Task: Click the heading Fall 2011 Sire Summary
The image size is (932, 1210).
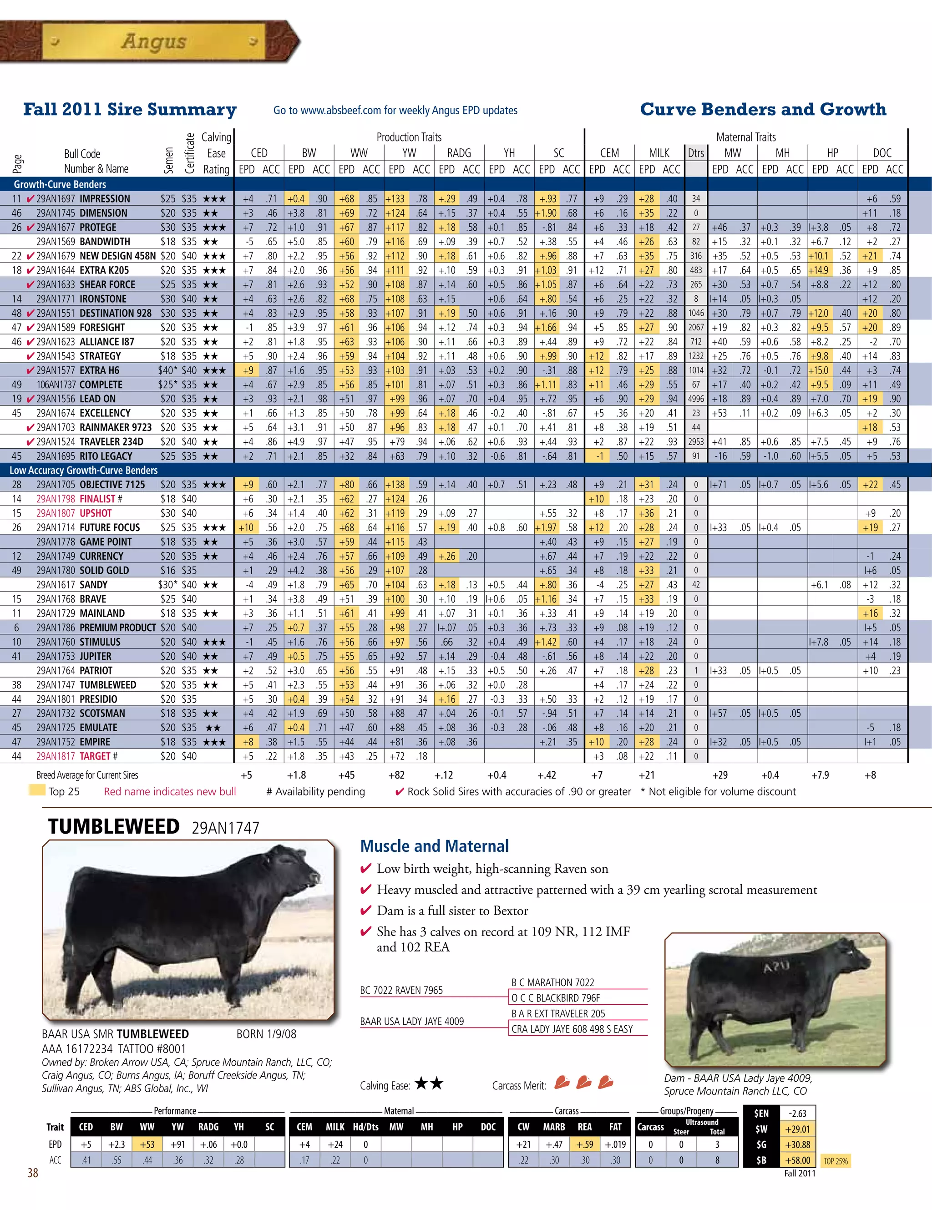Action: tap(130, 109)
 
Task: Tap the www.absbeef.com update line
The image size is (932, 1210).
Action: tap(395, 110)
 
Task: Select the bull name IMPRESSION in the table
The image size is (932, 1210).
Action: tap(105, 199)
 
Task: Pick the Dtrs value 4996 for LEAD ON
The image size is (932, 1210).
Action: tap(696, 399)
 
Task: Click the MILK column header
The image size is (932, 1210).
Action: tap(659, 153)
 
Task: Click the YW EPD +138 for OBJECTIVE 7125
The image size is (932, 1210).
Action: tap(395, 485)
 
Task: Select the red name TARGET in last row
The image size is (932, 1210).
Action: tap(95, 756)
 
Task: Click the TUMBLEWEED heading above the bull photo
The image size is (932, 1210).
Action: tap(114, 826)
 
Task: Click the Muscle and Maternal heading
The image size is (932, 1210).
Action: tap(435, 846)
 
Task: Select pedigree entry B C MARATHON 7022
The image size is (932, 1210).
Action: tap(552, 982)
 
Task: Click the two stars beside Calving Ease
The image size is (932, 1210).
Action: tap(429, 1083)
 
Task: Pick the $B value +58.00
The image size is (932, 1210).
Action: tap(797, 1160)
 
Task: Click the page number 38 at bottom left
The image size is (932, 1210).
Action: tap(33, 1173)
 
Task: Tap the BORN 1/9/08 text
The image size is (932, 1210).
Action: tap(266, 1034)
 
